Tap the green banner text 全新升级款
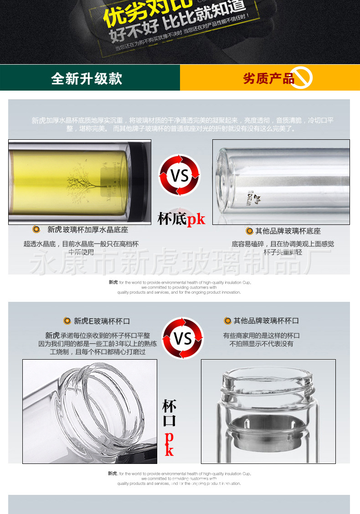point(87,78)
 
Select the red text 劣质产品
point(268,78)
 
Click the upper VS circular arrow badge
point(179,175)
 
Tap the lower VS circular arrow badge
point(183,338)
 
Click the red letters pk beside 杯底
point(196,219)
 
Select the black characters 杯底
point(172,219)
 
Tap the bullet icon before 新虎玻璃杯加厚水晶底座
point(36,229)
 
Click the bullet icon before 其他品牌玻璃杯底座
point(249,231)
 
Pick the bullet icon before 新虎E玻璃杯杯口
point(67,321)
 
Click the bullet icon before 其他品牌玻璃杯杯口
point(227,321)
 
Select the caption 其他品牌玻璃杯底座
point(288,231)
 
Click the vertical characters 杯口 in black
point(169,413)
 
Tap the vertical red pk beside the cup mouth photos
point(169,444)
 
